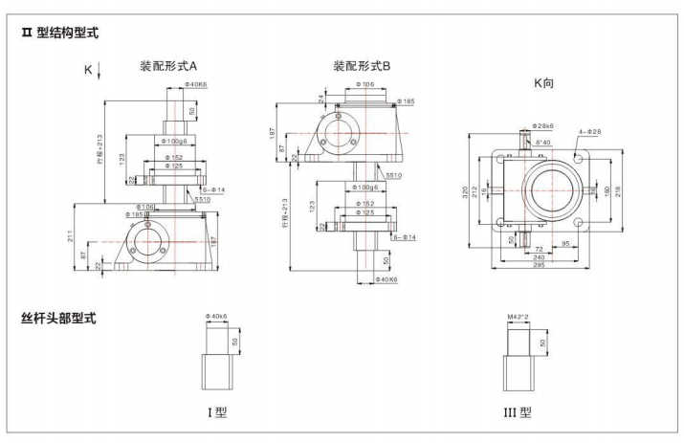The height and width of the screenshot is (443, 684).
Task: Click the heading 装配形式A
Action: pyautogui.click(x=168, y=67)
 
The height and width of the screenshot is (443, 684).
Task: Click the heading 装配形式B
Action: pyautogui.click(x=360, y=67)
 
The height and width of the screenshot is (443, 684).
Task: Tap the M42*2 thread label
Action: pyautogui.click(x=518, y=313)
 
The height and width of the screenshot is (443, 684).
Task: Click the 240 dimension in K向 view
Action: pyautogui.click(x=540, y=256)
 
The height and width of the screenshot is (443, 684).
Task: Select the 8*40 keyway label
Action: pyautogui.click(x=543, y=143)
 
